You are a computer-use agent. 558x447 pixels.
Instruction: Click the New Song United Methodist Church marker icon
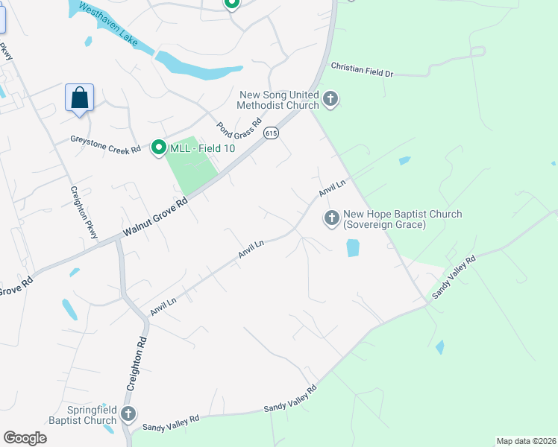click(x=330, y=98)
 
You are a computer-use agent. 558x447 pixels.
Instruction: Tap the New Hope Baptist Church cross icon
click(x=331, y=218)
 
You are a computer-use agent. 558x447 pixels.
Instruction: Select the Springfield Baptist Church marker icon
click(x=128, y=414)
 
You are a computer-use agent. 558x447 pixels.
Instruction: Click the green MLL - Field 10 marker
click(x=158, y=148)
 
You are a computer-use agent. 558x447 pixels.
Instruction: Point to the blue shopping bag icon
click(x=79, y=98)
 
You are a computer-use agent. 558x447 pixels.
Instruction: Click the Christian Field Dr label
click(x=361, y=70)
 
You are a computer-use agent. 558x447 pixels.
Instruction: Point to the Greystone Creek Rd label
click(x=105, y=139)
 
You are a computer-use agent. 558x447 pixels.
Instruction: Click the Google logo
click(x=25, y=438)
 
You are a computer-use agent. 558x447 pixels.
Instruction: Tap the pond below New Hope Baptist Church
click(x=353, y=247)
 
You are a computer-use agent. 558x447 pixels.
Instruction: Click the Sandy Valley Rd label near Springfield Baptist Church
click(x=171, y=422)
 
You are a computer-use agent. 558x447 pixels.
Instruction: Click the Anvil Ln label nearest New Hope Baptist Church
click(x=333, y=188)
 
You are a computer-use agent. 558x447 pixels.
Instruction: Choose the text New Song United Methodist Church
click(x=278, y=100)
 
